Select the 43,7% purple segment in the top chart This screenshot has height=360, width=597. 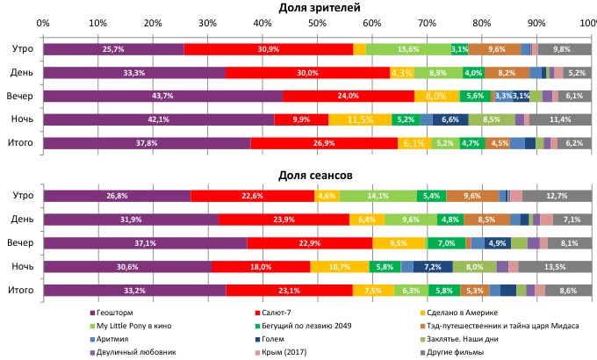pyautogui.click(x=162, y=96)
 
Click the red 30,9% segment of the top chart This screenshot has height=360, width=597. pyautogui.click(x=269, y=49)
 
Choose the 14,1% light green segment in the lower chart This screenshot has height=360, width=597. pyautogui.click(x=378, y=196)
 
